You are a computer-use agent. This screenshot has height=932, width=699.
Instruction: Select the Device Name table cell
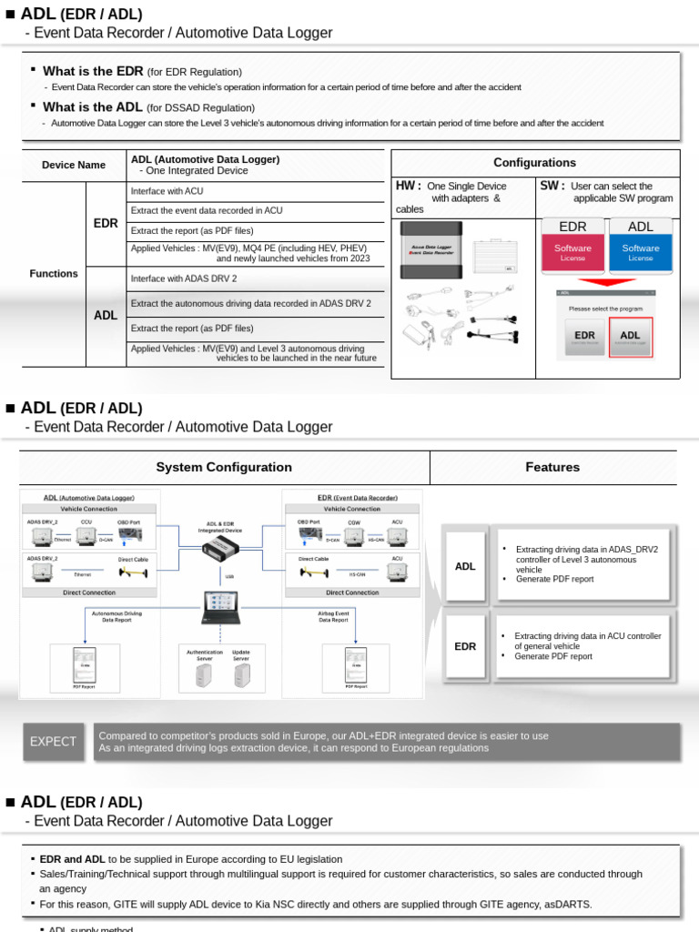coord(74,166)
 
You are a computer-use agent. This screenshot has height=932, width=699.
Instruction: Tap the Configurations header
coord(534,163)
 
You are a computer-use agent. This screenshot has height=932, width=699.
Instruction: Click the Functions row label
coord(53,274)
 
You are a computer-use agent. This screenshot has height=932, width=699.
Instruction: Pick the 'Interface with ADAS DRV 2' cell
coord(255,279)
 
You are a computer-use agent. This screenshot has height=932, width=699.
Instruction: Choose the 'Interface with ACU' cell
coord(255,191)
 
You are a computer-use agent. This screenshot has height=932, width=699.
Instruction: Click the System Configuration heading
coord(224,467)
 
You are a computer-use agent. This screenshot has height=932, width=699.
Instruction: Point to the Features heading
coord(552,467)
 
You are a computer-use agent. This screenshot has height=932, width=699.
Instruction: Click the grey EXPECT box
coord(53,742)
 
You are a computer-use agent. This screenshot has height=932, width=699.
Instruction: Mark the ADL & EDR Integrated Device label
coord(222,527)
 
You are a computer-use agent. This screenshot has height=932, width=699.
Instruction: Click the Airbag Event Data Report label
coord(333,617)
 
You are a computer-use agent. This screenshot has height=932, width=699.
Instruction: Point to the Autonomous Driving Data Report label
coord(116,617)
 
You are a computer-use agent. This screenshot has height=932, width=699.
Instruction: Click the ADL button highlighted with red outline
coord(630,336)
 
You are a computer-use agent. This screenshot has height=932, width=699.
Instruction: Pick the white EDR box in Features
coord(465,646)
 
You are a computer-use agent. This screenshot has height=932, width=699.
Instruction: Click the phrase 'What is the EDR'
coord(93,71)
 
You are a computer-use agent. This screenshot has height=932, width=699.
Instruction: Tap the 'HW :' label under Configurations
coord(409,186)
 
